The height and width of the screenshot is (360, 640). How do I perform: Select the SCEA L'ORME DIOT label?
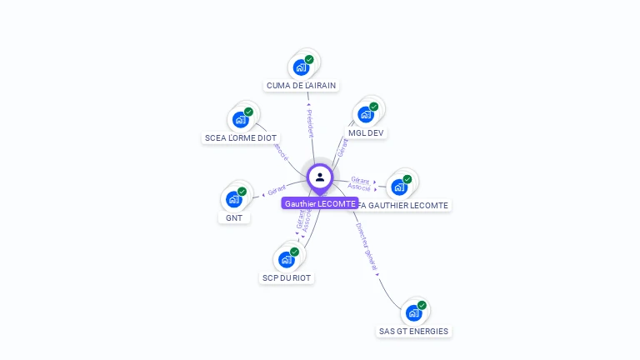(241, 138)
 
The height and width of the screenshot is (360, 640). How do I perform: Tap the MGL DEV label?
(367, 132)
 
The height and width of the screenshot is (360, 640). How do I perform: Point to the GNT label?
(234, 218)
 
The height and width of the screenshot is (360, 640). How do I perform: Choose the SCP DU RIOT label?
(287, 277)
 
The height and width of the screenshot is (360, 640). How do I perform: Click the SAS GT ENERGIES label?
(413, 332)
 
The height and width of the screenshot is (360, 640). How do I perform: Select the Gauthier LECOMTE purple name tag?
(320, 203)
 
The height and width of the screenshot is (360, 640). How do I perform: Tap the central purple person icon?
(320, 177)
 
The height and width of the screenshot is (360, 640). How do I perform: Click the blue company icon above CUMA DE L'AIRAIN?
(301, 67)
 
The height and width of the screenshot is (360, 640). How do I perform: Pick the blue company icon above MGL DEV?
(366, 114)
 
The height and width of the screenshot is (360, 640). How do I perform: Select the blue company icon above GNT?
(234, 199)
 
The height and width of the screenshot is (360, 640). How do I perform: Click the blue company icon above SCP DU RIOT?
(287, 259)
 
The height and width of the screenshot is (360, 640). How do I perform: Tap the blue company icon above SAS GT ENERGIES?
(413, 312)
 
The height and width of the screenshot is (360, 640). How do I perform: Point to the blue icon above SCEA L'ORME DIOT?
(241, 119)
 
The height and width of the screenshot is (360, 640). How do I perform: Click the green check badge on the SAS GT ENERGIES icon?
(422, 306)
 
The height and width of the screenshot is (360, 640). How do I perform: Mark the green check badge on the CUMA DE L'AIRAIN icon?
(309, 59)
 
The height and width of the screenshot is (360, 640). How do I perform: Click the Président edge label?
(310, 122)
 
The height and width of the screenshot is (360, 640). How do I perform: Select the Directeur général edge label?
(366, 246)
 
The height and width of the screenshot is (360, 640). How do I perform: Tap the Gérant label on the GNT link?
(277, 189)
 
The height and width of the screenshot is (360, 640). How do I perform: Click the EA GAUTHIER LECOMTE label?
(407, 205)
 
